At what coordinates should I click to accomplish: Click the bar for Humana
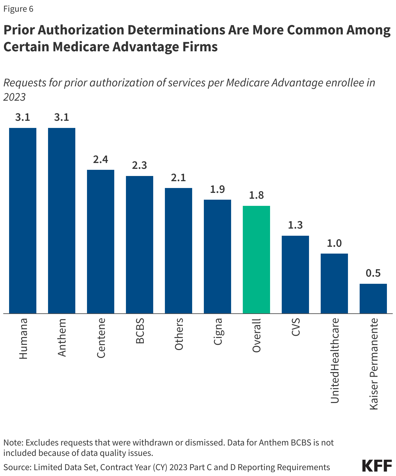(23, 220)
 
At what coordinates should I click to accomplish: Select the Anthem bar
(62, 220)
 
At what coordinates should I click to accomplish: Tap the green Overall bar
(256, 259)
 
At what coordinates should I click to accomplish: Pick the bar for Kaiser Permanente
(373, 298)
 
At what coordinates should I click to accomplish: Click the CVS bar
(295, 274)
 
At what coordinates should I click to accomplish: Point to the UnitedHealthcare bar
(334, 283)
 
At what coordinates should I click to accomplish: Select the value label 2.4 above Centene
(101, 159)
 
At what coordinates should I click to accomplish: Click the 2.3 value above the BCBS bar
(140, 166)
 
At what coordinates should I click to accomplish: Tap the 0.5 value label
(373, 273)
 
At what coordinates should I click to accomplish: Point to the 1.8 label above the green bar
(256, 195)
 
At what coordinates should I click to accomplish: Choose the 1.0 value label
(334, 243)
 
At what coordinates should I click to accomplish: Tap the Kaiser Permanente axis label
(374, 364)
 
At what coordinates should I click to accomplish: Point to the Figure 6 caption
(18, 9)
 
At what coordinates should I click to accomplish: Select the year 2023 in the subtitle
(15, 97)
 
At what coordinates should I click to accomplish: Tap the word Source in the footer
(16, 467)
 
